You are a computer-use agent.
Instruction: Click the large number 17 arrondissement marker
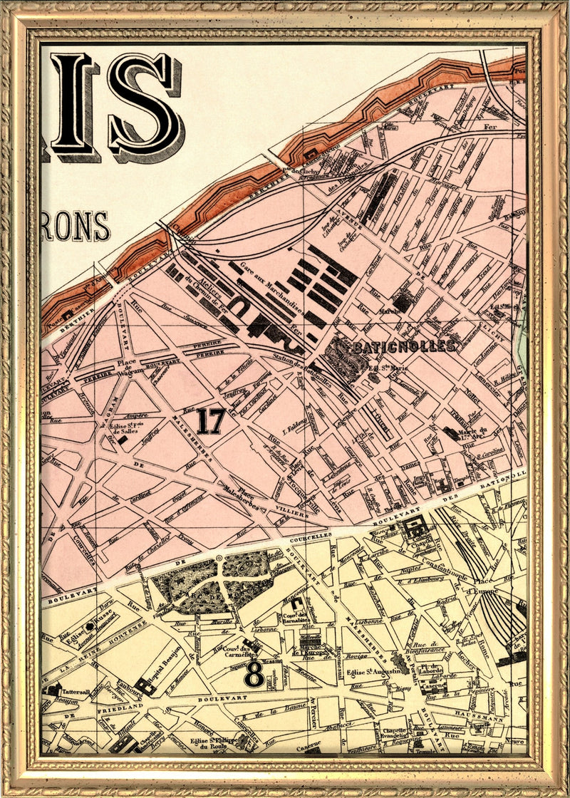click(211, 421)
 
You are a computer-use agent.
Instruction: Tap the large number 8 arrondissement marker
click(253, 674)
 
